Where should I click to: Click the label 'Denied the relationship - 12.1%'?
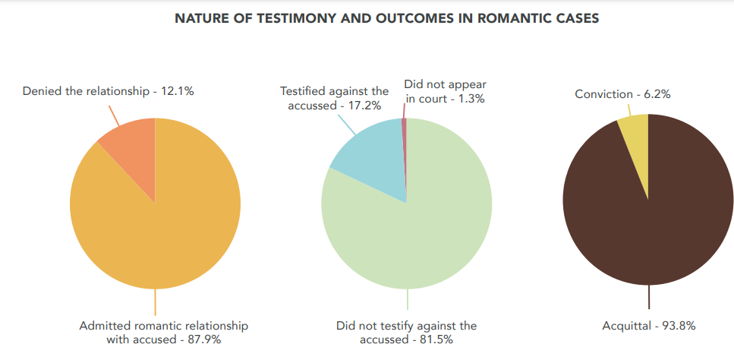point(109,91)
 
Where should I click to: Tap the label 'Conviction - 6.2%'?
point(622,94)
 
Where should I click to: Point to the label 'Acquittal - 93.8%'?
point(649,325)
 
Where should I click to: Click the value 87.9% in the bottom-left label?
point(204,339)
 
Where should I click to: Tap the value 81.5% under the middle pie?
point(436,339)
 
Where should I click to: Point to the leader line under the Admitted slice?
point(156,302)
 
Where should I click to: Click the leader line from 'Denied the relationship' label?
point(115,115)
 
